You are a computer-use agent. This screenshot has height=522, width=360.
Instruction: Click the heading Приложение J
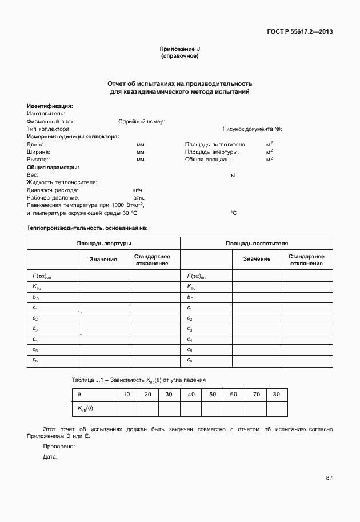180,50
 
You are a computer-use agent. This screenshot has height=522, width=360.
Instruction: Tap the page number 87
329,477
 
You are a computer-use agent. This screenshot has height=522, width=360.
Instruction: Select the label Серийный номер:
142,122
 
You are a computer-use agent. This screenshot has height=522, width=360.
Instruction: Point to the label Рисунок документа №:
252,130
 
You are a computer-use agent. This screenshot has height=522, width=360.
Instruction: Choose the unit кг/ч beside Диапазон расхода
137,190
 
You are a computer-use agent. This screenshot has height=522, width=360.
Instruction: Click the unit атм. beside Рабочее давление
138,197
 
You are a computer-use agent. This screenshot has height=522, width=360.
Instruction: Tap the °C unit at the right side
233,213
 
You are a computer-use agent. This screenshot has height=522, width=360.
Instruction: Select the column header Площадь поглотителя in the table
257,244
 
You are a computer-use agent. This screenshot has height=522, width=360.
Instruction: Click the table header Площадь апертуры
104,244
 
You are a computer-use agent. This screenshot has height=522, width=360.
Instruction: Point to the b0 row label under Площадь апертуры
35,298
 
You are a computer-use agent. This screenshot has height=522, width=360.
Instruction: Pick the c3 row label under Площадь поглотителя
190,329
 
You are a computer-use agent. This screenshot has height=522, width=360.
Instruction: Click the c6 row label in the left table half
35,360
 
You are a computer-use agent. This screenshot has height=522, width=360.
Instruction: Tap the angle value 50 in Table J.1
212,395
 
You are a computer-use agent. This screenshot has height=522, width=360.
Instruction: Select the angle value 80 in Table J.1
277,395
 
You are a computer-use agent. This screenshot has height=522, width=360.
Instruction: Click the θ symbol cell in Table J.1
79,395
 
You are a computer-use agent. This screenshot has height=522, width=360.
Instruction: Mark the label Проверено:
59,446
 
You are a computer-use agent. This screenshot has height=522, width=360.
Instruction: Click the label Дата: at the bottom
50,456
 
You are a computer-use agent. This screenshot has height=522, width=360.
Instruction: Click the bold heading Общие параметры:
53,167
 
